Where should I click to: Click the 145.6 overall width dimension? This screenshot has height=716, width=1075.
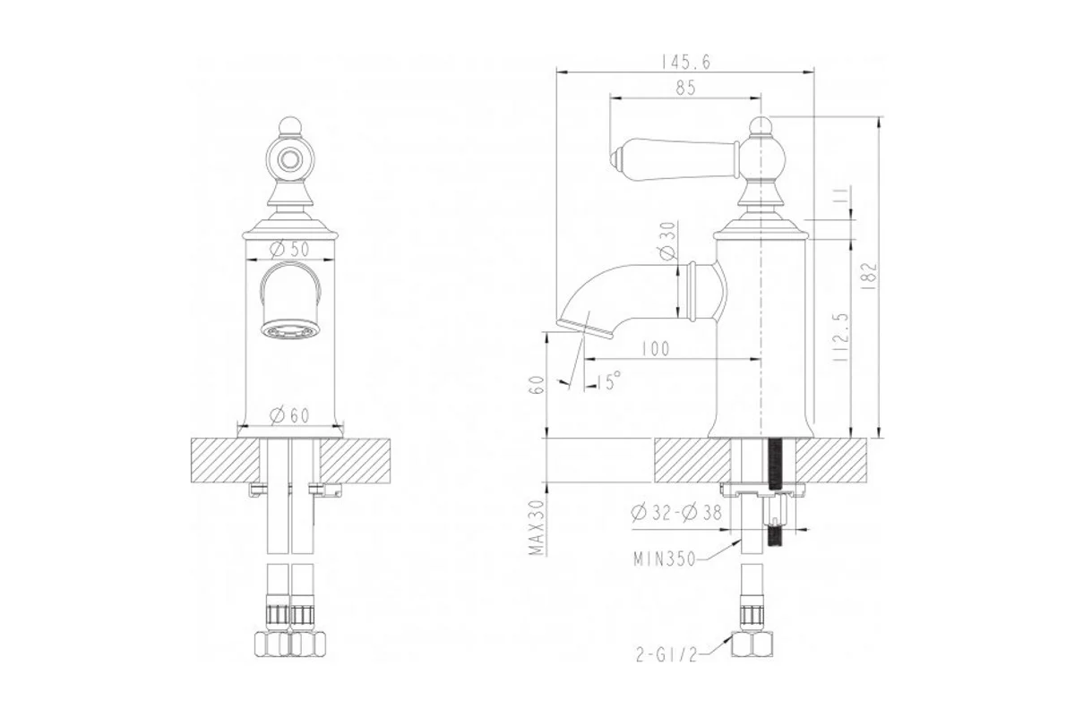pos(686,62)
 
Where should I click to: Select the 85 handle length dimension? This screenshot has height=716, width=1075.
pos(685,89)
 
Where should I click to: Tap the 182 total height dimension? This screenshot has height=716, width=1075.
pos(870,276)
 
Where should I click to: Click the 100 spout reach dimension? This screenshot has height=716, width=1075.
pos(656,349)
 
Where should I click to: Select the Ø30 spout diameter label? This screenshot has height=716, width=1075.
pos(667,241)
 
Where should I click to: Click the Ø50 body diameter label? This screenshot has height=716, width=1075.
pos(289,249)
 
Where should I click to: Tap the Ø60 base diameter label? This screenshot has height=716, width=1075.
pos(289,415)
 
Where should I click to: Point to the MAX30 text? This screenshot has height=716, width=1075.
pos(539,527)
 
